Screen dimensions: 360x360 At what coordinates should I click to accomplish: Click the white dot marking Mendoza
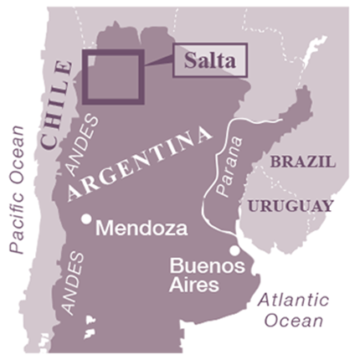pos(86,219)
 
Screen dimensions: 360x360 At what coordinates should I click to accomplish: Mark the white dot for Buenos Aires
pos(235,249)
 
